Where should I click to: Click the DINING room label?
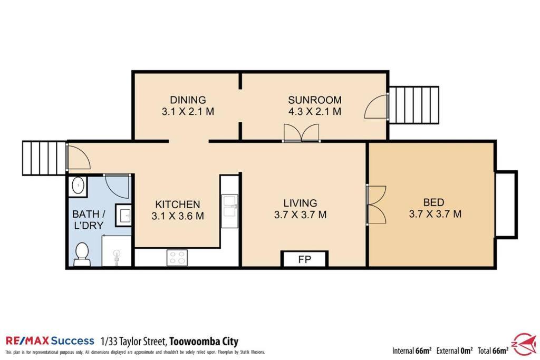[188, 100]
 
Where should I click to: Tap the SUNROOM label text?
[315, 100]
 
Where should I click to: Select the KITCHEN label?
[177, 205]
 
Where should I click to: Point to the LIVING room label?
[300, 203]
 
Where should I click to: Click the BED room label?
[433, 202]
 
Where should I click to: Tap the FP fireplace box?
[304, 259]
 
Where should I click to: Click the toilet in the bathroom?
[82, 254]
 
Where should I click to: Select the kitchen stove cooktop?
[177, 258]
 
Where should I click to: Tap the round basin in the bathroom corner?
[79, 186]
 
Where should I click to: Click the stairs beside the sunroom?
[414, 105]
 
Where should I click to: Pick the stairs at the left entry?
[44, 158]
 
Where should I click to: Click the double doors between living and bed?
[376, 205]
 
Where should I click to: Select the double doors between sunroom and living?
[301, 133]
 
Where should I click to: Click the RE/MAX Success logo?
[50, 341]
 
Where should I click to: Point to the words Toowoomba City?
[204, 342]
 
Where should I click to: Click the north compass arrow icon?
[525, 344]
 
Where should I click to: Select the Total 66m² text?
[493, 351]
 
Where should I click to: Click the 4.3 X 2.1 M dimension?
[315, 112]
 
